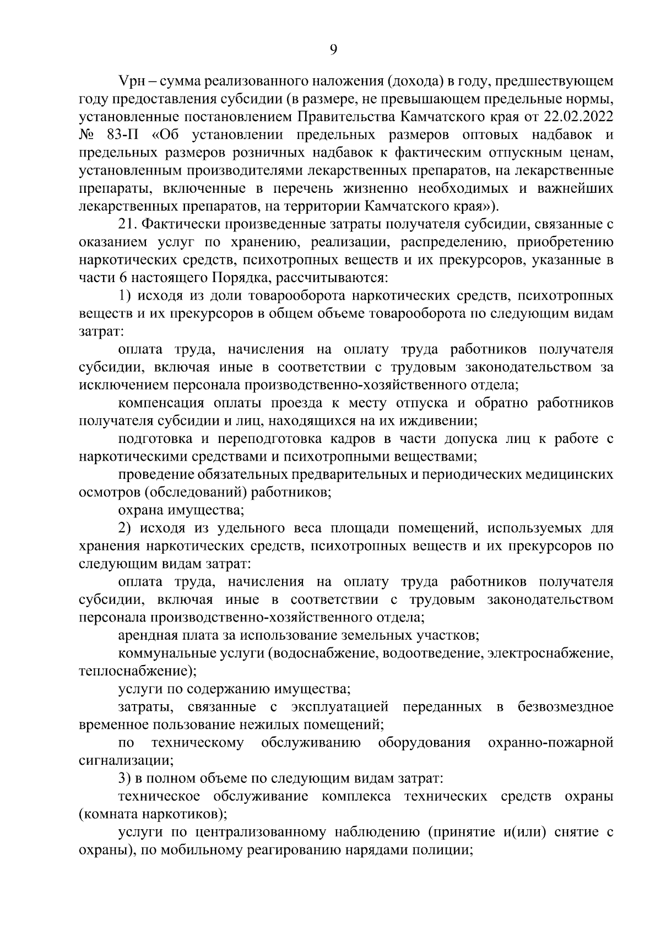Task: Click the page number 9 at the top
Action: click(x=333, y=50)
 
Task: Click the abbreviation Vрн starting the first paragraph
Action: click(x=131, y=82)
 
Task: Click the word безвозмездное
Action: click(x=565, y=707)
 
